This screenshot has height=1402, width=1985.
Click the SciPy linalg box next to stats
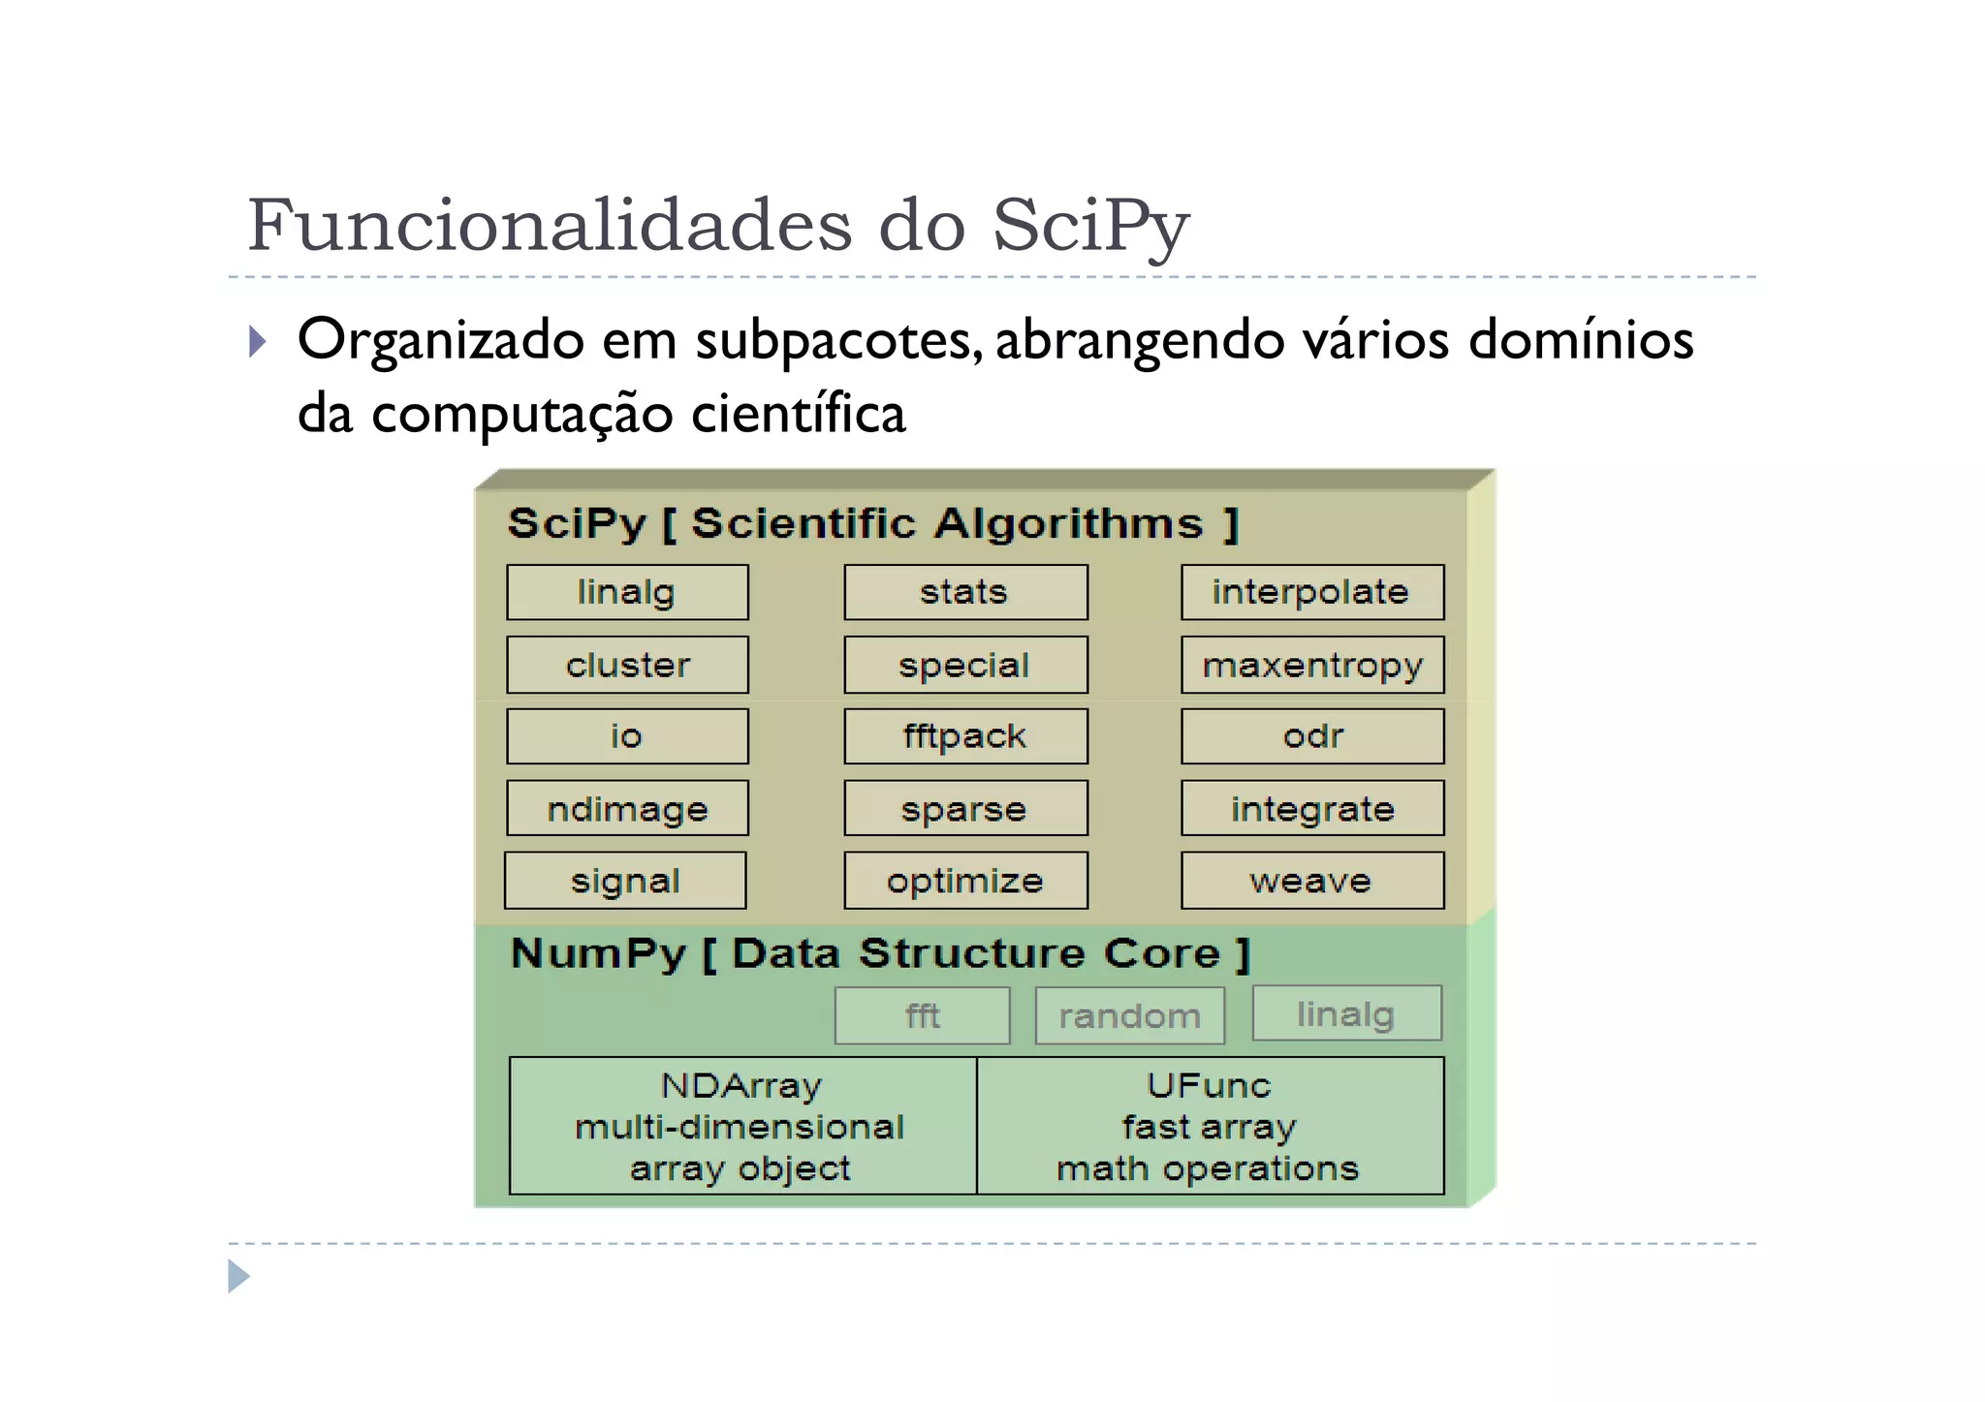pos(627,592)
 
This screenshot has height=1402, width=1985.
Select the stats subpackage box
pos(965,592)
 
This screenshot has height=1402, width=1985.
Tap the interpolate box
pos(1311,592)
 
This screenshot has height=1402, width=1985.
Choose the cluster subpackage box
pos(627,665)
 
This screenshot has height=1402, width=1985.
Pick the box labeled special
pos(965,665)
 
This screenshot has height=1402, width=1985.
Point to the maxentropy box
pos(1311,665)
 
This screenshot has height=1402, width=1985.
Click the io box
pos(627,736)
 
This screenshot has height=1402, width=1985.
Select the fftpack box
pos(965,736)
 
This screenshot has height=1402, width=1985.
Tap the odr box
pos(1311,736)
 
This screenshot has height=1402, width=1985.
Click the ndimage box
pos(627,808)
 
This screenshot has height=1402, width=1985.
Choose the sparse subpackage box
pos(965,808)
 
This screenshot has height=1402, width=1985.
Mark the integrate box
pos(1311,808)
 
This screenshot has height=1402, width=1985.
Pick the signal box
pos(625,881)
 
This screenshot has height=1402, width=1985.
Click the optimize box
pos(965,881)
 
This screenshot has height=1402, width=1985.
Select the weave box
pos(1311,881)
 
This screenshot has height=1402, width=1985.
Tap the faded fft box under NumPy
pos(922,1015)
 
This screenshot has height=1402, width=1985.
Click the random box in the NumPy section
pos(1129,1015)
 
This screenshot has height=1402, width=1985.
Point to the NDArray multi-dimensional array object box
pos(742,1126)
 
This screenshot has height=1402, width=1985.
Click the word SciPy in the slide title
pos(1090,226)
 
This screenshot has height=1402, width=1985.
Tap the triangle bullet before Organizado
pos(257,341)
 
